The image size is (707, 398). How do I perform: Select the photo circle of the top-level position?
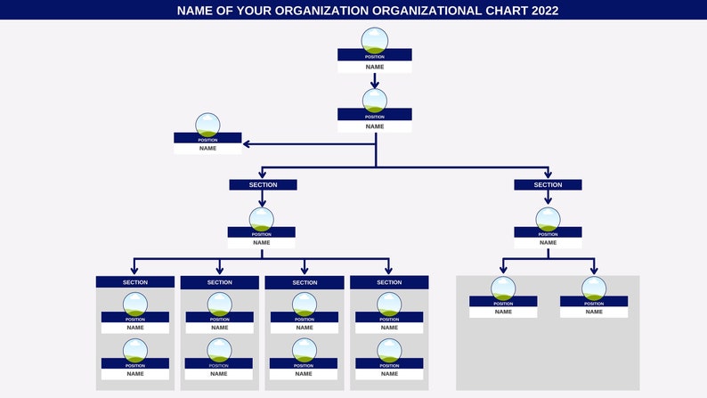point(375,40)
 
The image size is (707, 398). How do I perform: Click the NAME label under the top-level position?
point(375,67)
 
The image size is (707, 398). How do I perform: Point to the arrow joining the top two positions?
point(375,81)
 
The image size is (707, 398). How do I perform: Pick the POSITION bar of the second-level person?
point(375,116)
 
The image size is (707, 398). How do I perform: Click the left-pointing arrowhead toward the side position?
point(248,144)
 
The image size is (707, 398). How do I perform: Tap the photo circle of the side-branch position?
point(207,126)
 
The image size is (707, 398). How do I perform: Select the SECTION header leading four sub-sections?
point(263,185)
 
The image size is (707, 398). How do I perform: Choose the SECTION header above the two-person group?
point(548,185)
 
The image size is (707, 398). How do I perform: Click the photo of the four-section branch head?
point(262,220)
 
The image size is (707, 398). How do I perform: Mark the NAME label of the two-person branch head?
point(548,242)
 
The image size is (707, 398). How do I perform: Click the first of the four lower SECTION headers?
point(135,282)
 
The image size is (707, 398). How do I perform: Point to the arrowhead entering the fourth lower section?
point(389,270)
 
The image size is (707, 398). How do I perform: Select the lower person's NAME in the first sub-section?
point(135,374)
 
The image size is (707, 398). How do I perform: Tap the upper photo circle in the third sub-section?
point(305,305)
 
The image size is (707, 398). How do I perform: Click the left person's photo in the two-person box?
point(503,288)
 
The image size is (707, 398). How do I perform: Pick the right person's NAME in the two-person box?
point(594,312)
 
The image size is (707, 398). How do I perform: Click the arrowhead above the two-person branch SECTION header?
point(548,174)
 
